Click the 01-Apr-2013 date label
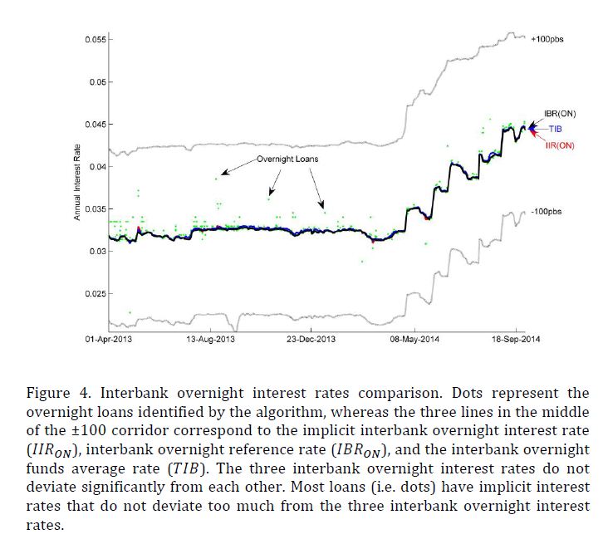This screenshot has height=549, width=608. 110,341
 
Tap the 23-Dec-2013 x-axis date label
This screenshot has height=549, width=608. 311,341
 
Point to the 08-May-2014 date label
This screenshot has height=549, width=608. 415,341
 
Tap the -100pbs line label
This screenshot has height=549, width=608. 546,212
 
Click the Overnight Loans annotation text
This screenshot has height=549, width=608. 287,159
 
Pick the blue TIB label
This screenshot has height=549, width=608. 556,129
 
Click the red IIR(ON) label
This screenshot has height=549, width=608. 559,145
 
